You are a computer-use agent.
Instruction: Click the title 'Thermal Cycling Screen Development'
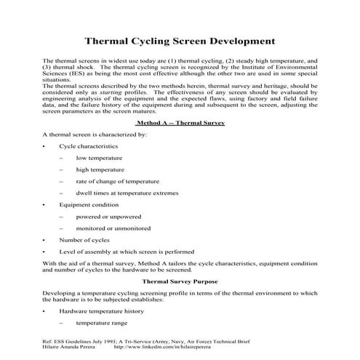pyautogui.click(x=180, y=41)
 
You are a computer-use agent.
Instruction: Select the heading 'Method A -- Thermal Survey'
pyautogui.click(x=180, y=123)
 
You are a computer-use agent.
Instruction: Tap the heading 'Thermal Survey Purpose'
pyautogui.click(x=180, y=279)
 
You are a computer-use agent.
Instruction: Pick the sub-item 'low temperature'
pyautogui.click(x=99, y=158)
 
